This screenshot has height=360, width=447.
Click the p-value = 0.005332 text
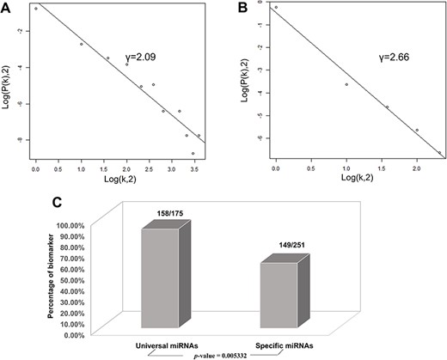pyautogui.click(x=231, y=352)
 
